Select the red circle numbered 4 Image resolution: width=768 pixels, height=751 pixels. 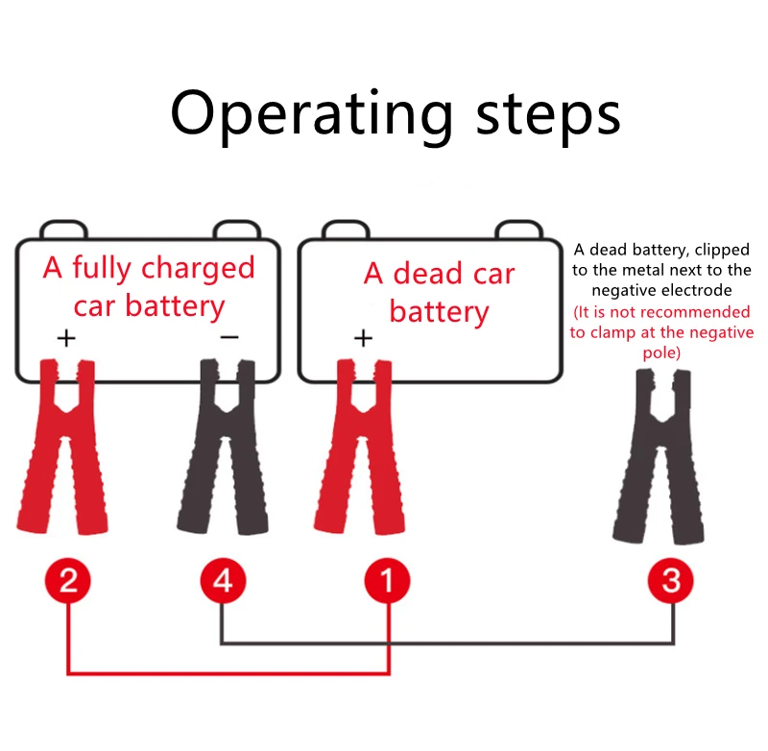223,581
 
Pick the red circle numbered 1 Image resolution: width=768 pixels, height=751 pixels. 388,581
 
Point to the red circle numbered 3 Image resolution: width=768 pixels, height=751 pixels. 671,581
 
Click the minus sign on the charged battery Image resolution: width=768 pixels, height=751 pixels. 229,337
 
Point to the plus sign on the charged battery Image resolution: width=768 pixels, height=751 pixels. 65,338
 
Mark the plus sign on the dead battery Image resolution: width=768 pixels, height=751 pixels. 363,338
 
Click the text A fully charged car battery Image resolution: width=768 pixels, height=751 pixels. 149,286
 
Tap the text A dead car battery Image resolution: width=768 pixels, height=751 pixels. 439,292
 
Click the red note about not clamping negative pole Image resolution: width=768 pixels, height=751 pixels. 661,333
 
